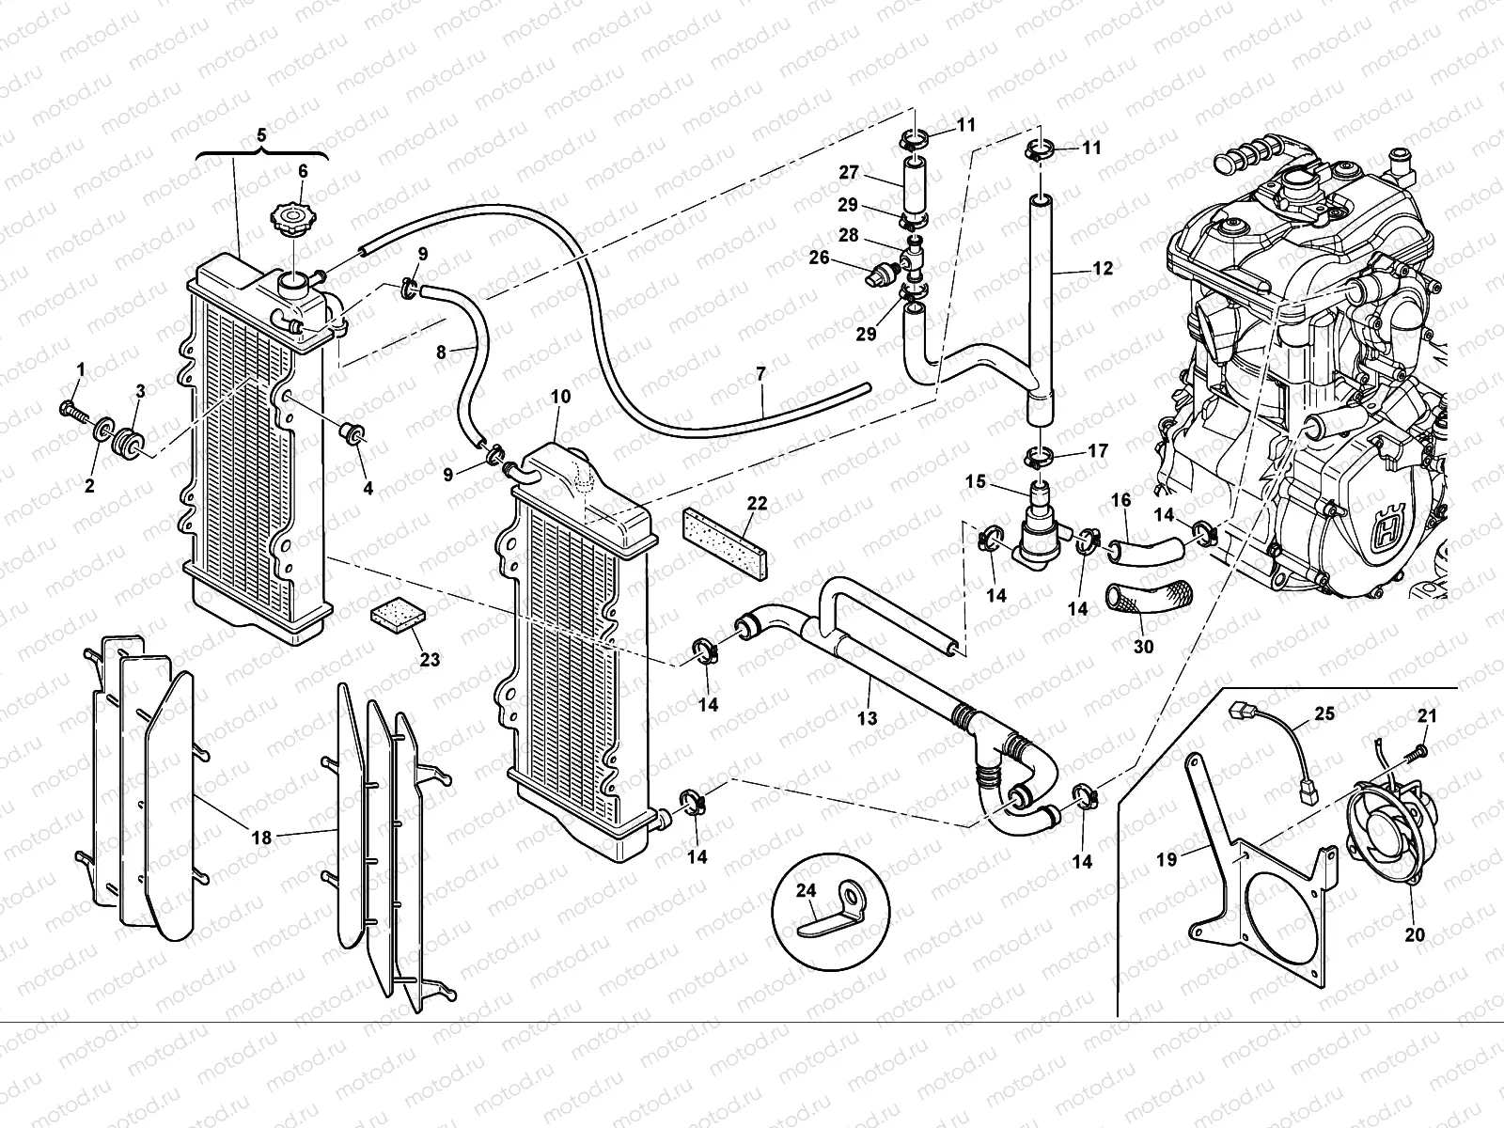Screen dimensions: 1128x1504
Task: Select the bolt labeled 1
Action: click(73, 409)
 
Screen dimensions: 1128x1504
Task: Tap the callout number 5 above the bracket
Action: click(262, 135)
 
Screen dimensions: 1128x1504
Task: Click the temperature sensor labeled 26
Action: click(879, 272)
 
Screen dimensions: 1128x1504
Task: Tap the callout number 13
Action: click(867, 718)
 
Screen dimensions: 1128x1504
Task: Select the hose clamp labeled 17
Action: click(1040, 458)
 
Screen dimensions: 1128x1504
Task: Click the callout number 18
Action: click(261, 837)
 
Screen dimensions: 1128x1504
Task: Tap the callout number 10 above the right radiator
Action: click(560, 398)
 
